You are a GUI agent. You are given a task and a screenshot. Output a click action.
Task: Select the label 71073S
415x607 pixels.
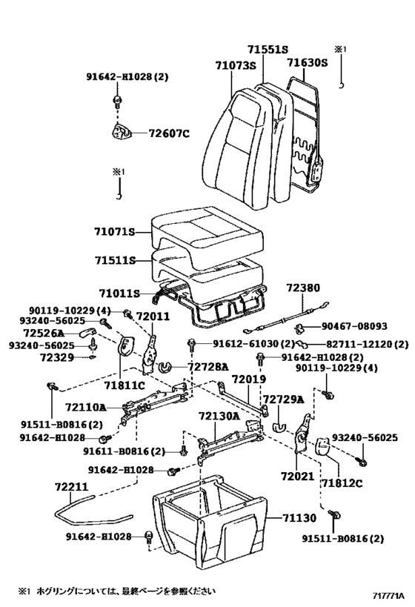coord(236,66)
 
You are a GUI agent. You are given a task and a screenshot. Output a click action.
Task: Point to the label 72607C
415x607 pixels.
coord(169,133)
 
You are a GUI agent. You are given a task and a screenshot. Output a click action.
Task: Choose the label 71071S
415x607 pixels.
coord(115,232)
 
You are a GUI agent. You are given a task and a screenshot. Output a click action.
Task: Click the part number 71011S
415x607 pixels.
coord(119,293)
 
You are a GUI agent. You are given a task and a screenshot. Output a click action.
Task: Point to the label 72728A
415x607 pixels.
coord(207,367)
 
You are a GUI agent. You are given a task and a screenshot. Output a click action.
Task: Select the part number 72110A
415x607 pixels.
coord(85,407)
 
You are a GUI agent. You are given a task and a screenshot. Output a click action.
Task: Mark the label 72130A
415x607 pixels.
coord(218,416)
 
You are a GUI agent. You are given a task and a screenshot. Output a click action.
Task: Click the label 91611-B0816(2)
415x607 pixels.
coord(123,451)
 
